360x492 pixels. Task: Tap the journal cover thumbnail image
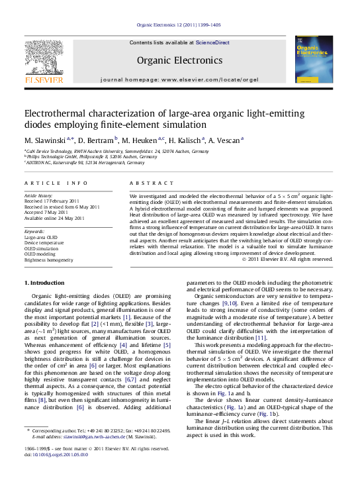point(313,59)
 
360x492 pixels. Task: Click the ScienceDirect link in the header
point(212,42)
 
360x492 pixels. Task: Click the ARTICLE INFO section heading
point(56,182)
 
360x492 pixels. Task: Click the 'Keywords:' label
point(34,231)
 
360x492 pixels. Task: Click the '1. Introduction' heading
point(44,283)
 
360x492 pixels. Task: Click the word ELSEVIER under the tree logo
point(44,80)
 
